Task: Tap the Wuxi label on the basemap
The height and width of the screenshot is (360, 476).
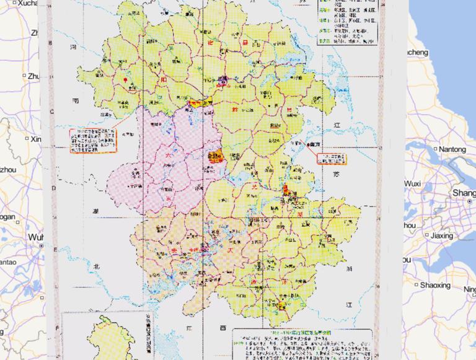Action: (413, 184)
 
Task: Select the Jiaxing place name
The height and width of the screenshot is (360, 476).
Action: (442, 236)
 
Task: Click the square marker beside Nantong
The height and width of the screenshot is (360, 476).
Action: (435, 149)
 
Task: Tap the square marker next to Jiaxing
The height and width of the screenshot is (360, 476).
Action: (426, 236)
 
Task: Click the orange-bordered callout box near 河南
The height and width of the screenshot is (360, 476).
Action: (94, 141)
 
